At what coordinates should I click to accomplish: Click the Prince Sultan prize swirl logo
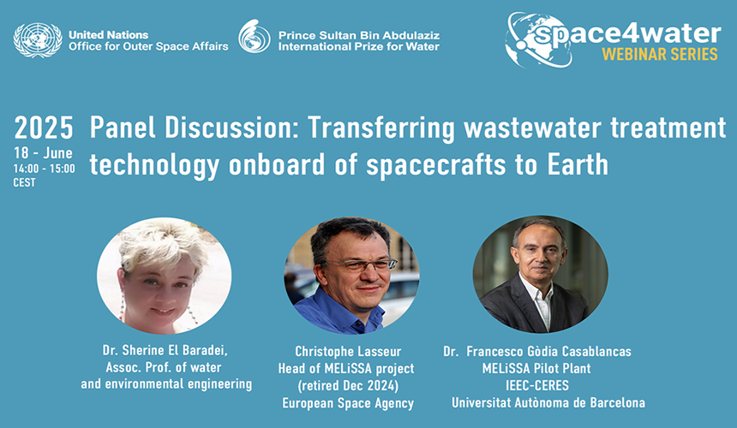click(x=254, y=38)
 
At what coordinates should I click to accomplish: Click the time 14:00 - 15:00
click(x=44, y=169)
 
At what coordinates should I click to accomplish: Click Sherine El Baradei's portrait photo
click(x=164, y=274)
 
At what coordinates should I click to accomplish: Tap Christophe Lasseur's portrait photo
click(x=351, y=274)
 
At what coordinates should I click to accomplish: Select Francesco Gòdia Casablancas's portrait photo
click(x=540, y=274)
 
